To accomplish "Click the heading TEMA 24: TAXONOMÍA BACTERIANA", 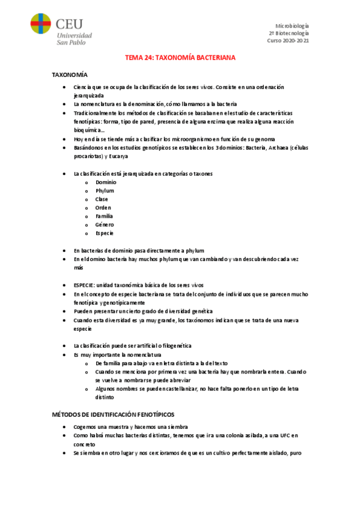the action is [180, 58].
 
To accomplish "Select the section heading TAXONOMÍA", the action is [70, 75].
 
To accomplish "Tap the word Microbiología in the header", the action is [291, 26].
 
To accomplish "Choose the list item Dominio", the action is [106, 182].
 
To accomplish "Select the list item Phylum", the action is [105, 191].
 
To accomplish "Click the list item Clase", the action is [102, 199].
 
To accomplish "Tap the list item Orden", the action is [103, 207].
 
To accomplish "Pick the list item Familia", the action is [104, 216].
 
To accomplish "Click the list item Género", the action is [104, 224].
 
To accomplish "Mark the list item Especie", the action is [104, 233].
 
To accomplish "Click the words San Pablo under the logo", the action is [70, 42].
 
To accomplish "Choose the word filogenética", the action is [174, 346].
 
